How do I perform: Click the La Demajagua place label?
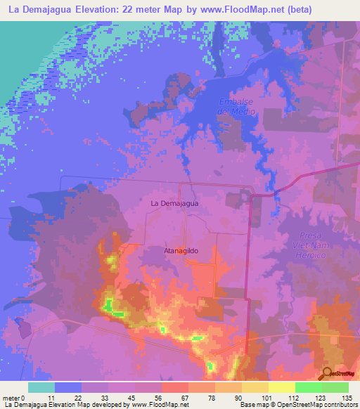(x=175, y=203)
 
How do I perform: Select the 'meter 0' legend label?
(x=14, y=398)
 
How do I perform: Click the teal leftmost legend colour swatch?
(x=41, y=387)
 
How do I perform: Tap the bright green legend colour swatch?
(x=309, y=387)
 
